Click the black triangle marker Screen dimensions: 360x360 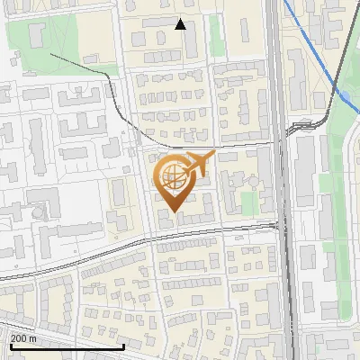click(x=180, y=24)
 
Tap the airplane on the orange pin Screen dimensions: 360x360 click(x=199, y=165)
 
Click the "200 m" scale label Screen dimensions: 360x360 click(x=23, y=338)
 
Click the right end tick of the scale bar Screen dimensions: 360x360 click(x=123, y=345)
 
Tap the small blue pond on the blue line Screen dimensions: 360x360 click(x=345, y=95)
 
